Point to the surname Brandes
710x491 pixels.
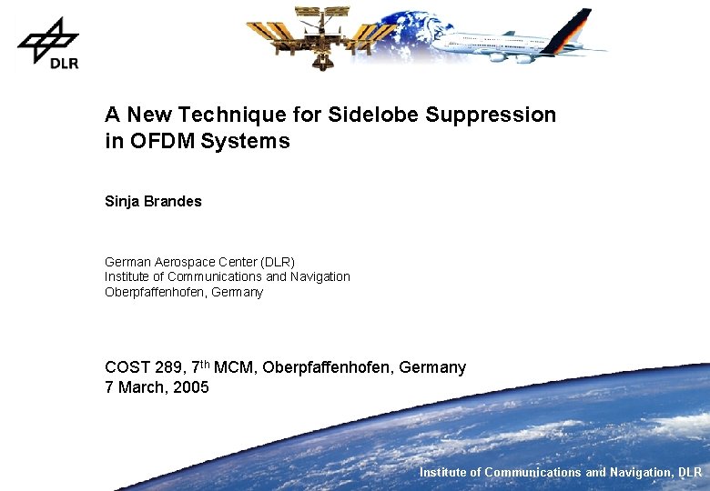(173, 201)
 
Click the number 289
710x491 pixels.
(167, 367)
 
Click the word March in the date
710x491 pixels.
(142, 387)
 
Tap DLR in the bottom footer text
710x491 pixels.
(689, 472)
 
